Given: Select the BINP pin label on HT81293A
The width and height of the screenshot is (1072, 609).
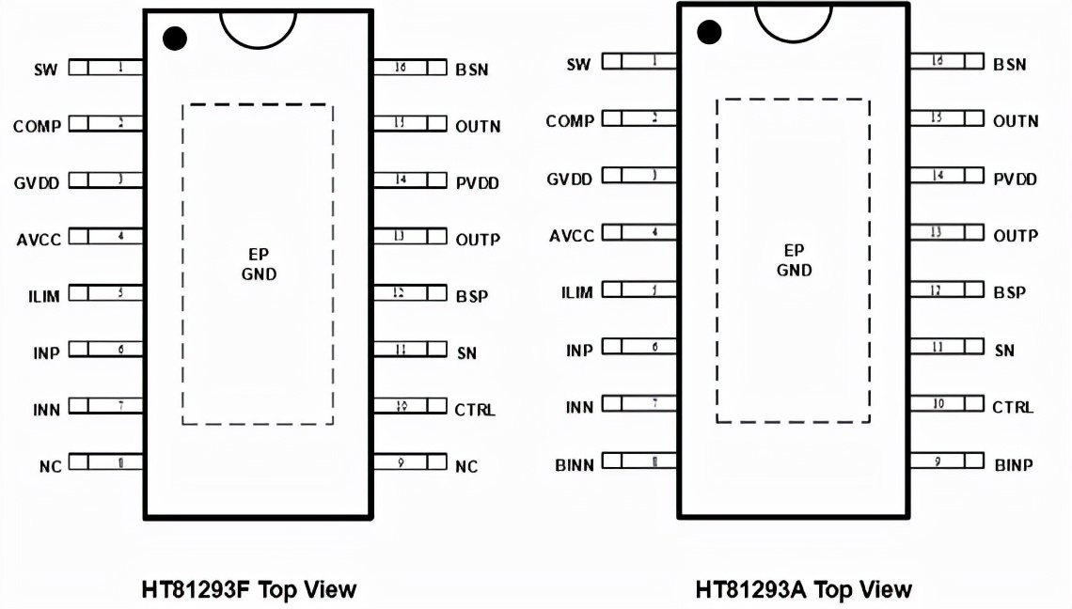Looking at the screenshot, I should coord(1014,463).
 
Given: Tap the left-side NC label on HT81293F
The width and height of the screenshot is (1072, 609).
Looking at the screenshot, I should coord(50,466).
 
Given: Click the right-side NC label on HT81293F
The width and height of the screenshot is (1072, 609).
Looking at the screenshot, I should coord(466,466).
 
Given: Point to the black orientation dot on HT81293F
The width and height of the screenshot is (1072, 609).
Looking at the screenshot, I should coord(175,39).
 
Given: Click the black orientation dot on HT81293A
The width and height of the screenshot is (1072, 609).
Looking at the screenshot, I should coord(709,34).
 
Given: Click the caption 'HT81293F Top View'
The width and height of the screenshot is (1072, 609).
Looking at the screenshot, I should coord(249,589).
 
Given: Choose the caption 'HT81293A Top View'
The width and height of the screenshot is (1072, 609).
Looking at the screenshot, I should coord(803,589).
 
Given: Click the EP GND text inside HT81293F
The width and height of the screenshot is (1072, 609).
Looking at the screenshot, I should coord(258,264).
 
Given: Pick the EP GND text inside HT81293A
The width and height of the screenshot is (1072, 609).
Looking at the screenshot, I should coord(794,260).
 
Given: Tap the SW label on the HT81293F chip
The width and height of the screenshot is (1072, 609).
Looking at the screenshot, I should coord(46,70).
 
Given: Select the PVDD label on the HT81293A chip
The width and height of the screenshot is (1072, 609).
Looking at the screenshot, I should coord(1016,179).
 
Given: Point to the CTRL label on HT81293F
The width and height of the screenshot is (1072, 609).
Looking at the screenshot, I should coord(475,410).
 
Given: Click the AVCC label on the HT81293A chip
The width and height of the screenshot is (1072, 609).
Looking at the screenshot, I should coord(572,235).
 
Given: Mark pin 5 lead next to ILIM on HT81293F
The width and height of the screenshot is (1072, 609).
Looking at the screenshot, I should coord(105,293).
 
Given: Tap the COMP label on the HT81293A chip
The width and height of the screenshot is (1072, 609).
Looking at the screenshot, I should coord(570,121).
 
